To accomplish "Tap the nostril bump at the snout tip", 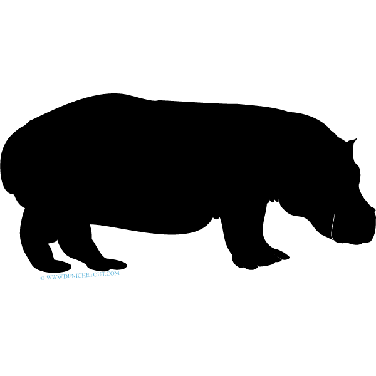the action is (x=373, y=209).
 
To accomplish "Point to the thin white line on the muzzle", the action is (x=333, y=226).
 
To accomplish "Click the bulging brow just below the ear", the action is (x=357, y=172).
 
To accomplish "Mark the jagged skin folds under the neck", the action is (x=273, y=201).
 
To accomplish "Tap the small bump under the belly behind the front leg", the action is (x=216, y=217).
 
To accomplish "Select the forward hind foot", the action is (x=108, y=264).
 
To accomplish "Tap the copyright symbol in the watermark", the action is (x=43, y=278).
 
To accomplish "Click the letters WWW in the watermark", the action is (x=55, y=277).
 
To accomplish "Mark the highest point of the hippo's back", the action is (x=115, y=94).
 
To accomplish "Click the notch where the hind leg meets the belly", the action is (x=90, y=225).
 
